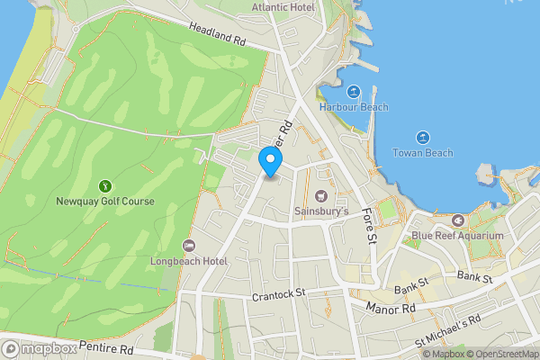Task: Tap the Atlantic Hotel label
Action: [284, 6]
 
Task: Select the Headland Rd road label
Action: [216, 35]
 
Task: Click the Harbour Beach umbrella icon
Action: [354, 91]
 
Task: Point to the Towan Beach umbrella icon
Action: [422, 137]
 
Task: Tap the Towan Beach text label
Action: [422, 153]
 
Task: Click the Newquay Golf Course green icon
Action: [105, 185]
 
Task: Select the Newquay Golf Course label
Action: [105, 202]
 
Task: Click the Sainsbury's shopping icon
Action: [321, 195]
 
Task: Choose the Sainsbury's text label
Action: [321, 212]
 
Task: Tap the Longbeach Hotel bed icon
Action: [188, 245]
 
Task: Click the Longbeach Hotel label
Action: [189, 261]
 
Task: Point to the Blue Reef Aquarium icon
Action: [458, 220]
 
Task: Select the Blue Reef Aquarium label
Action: [458, 236]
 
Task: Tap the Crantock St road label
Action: [280, 293]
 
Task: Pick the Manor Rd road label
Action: [391, 309]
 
